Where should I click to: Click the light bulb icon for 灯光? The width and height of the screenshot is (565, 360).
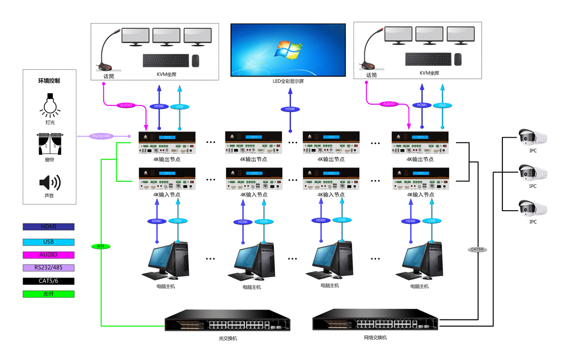(50, 105)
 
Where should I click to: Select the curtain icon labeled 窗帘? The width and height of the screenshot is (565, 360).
(50, 144)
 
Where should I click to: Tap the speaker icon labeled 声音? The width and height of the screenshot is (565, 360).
(50, 182)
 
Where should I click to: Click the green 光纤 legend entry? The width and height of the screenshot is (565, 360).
(48, 294)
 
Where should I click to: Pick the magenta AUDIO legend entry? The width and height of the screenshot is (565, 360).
(48, 255)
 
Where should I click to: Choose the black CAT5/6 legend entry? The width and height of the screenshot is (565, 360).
(48, 281)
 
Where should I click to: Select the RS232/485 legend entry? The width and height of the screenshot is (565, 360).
(48, 268)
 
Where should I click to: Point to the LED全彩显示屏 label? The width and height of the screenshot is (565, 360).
(288, 82)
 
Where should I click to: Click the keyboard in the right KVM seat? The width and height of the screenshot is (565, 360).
(428, 59)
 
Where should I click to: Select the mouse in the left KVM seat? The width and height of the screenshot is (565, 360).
(195, 60)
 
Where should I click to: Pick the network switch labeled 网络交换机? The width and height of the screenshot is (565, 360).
(375, 322)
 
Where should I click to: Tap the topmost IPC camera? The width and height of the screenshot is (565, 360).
(533, 137)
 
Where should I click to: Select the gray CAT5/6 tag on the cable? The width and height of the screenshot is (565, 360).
(476, 249)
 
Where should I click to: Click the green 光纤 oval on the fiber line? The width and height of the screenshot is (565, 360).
(101, 246)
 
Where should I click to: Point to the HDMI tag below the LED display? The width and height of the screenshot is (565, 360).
(290, 109)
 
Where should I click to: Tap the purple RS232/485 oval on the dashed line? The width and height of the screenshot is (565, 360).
(102, 136)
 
